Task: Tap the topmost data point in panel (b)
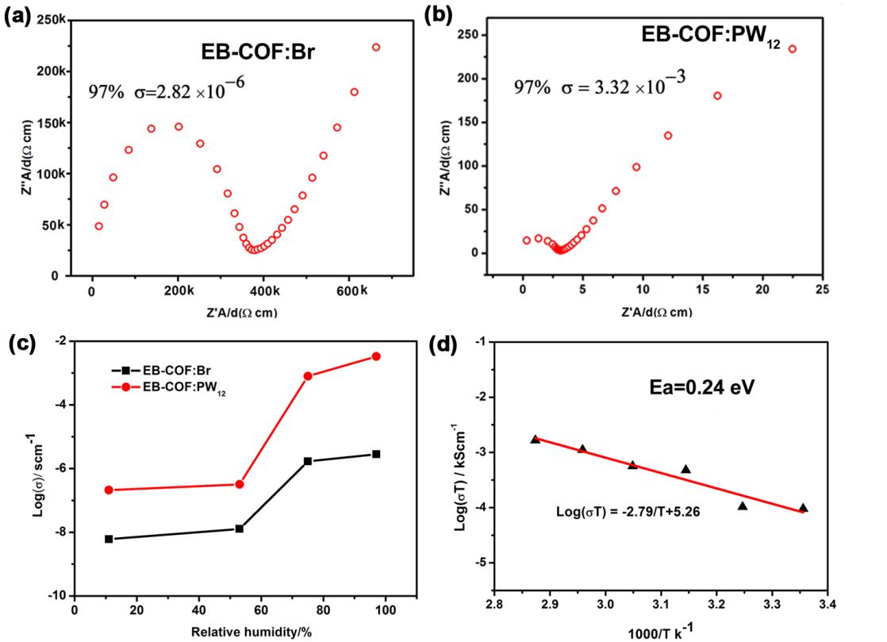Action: pos(792,49)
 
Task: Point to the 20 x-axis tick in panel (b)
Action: pos(762,291)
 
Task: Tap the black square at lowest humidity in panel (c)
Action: pos(109,539)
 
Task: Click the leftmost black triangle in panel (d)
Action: pos(536,439)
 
